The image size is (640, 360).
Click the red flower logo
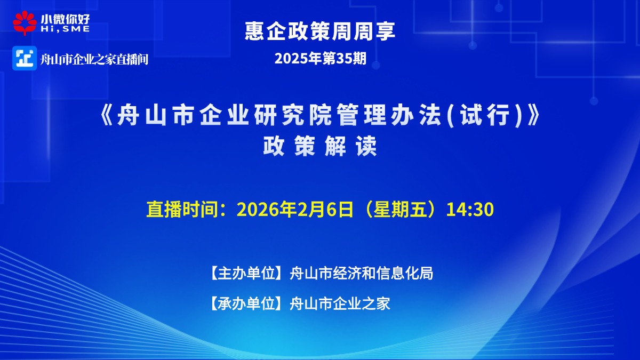[25, 23]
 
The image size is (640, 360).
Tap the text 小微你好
[65, 19]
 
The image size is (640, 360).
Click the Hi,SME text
[65, 29]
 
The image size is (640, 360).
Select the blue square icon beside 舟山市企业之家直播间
[25, 58]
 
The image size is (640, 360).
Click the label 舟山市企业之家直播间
[94, 59]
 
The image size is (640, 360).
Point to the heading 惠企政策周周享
[320, 31]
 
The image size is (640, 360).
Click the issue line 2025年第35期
[321, 59]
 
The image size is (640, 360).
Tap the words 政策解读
[320, 146]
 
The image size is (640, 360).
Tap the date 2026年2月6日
[295, 210]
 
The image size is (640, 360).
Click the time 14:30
[470, 210]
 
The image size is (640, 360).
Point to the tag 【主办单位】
[246, 273]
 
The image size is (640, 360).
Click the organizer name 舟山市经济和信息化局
[362, 273]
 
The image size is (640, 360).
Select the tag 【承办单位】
[246, 303]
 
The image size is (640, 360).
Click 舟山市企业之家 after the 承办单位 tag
[340, 303]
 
